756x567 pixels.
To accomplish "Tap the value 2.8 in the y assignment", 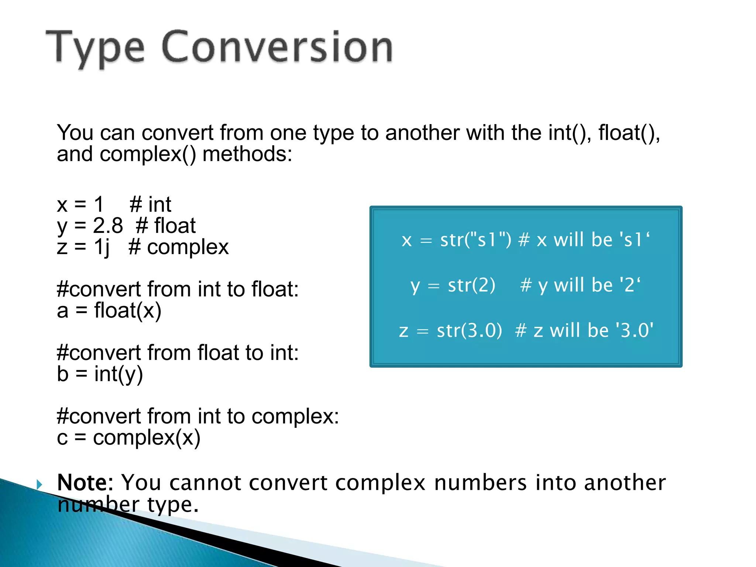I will (107, 226).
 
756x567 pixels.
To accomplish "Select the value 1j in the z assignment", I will (102, 247).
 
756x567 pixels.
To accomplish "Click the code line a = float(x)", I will (109, 310).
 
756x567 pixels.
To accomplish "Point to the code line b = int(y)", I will (100, 374).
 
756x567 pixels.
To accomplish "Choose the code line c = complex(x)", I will (128, 438).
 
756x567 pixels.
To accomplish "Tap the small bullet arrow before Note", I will (40, 484).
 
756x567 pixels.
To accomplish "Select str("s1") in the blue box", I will (475, 240).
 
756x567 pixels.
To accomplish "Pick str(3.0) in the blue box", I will (469, 330).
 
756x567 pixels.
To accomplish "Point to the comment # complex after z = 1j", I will (179, 247).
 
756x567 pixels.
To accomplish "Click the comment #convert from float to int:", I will (178, 353).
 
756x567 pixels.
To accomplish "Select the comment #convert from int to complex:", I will (197, 416).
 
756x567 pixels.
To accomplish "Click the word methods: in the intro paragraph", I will (247, 154).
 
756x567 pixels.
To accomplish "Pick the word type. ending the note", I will (173, 505).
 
